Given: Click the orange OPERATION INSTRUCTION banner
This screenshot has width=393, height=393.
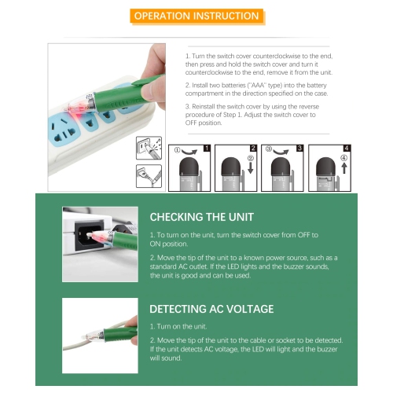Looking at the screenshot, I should pos(196,16).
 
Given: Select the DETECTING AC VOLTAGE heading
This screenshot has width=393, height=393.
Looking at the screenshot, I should pos(211,308).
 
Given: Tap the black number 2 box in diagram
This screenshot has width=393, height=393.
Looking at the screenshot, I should pos(253,148).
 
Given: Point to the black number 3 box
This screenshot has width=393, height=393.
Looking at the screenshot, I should pos(299,148).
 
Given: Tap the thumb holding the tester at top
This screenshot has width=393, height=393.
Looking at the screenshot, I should pos(156,61).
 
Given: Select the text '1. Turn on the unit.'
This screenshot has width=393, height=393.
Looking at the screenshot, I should pos(178,326).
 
